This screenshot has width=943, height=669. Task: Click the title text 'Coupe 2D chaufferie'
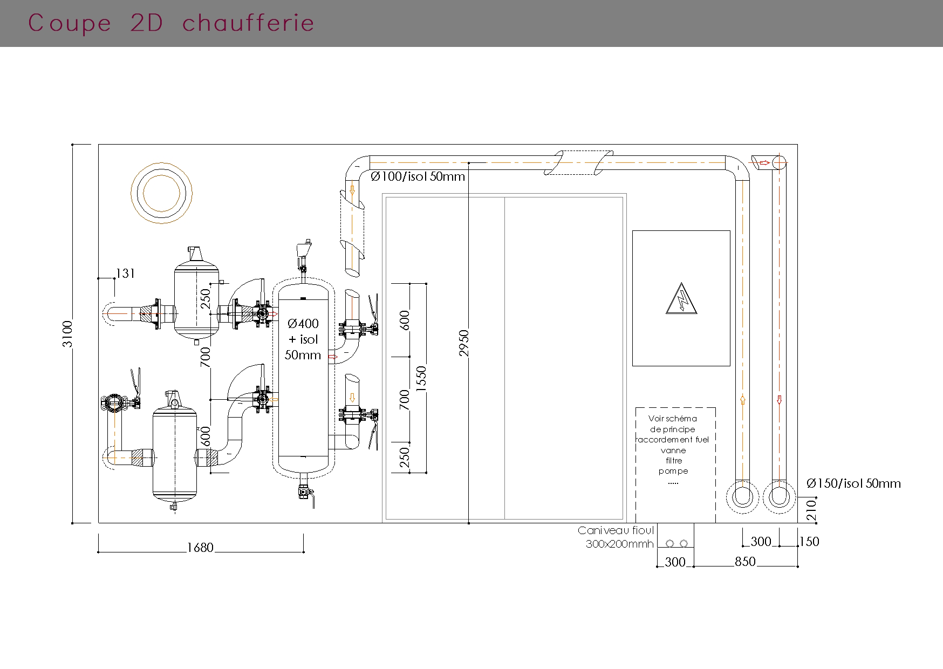(x=171, y=23)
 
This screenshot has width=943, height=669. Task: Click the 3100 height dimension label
(x=67, y=334)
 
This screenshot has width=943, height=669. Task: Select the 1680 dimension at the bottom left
(x=200, y=548)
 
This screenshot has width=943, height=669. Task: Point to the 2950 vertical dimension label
(x=464, y=343)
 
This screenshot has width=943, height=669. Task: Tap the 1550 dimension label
(x=421, y=378)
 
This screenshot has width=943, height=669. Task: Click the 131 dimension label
(x=125, y=274)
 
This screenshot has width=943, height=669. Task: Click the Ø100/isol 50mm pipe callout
(x=418, y=176)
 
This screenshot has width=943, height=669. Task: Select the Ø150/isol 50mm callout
(x=853, y=483)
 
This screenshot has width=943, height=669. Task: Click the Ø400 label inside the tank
(x=303, y=324)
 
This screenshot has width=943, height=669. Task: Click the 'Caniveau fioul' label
(x=616, y=531)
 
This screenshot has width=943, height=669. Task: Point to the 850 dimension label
(x=745, y=562)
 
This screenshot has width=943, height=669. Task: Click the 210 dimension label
(x=811, y=510)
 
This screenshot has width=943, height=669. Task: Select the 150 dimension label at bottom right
(x=809, y=542)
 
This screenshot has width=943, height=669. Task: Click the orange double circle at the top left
(x=162, y=193)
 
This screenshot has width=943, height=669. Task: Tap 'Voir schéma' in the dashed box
(x=673, y=419)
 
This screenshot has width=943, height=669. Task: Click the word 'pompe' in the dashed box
(x=673, y=471)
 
